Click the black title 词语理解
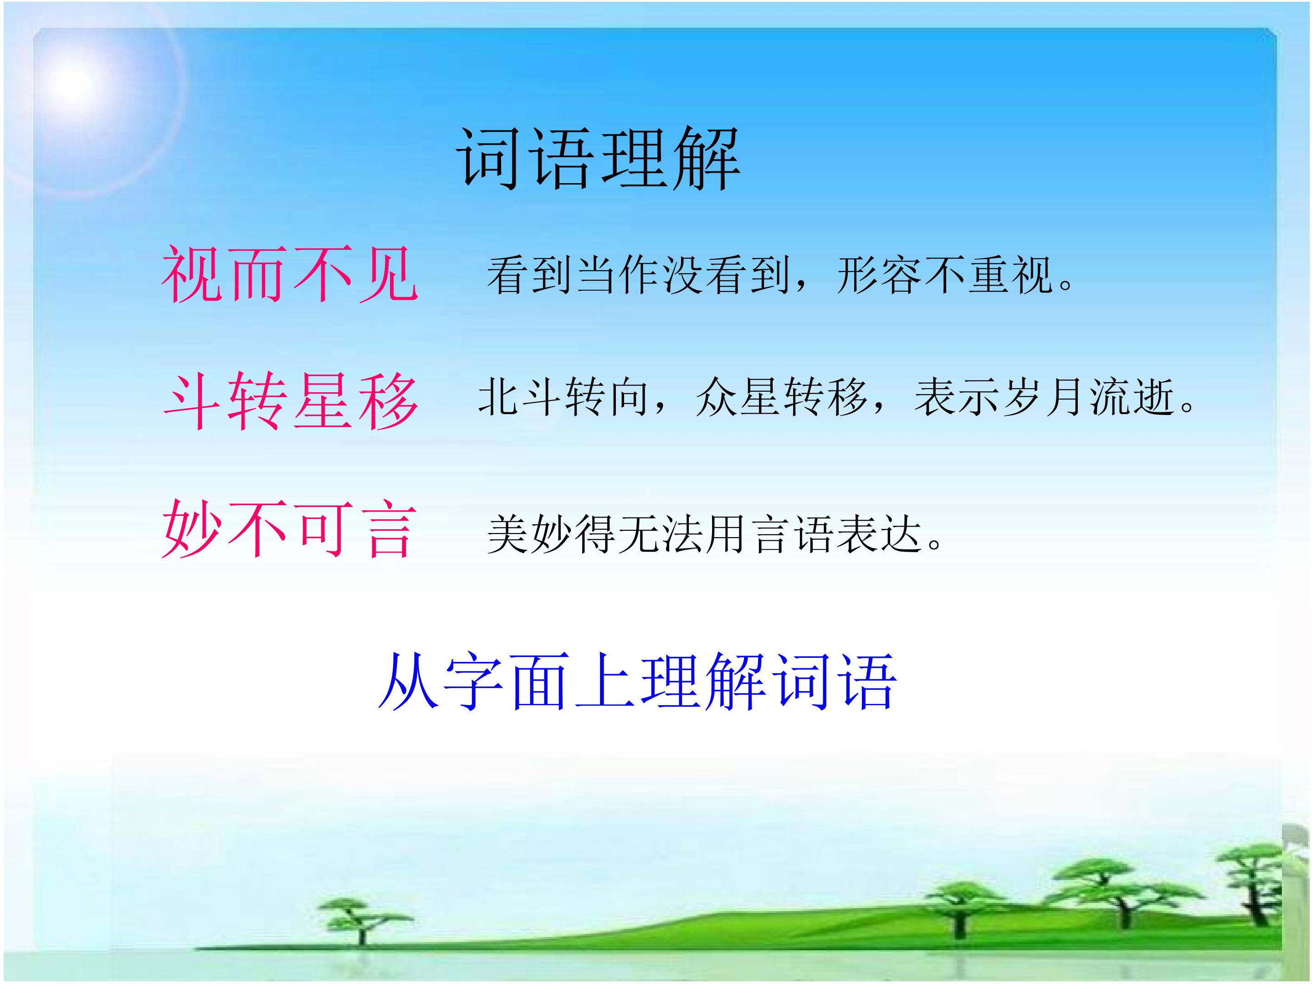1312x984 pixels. [x=599, y=159]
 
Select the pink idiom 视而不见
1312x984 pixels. [x=290, y=275]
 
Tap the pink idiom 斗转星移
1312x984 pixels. [x=291, y=401]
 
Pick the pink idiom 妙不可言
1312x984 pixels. [x=289, y=528]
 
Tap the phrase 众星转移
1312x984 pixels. [x=782, y=397]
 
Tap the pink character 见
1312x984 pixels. [x=389, y=275]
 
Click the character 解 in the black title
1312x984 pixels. [x=707, y=159]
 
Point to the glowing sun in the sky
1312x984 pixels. [x=74, y=83]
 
